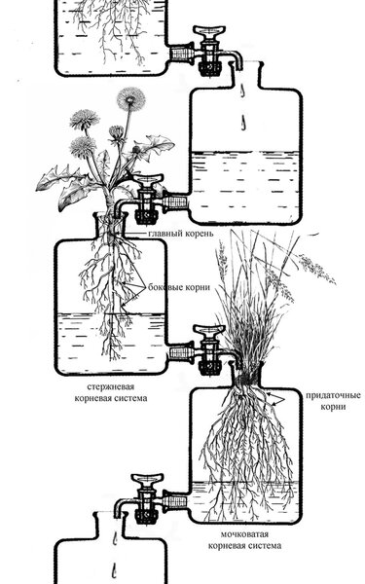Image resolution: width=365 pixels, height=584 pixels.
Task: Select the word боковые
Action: click(x=164, y=287)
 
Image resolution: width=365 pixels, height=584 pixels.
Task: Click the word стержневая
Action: click(x=111, y=387)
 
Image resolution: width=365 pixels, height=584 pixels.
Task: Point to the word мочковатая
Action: click(x=244, y=534)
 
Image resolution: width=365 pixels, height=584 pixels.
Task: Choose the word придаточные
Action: click(x=333, y=395)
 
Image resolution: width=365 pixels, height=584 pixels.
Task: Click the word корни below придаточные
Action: click(x=333, y=407)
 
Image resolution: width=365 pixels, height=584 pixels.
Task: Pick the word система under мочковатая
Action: click(x=265, y=546)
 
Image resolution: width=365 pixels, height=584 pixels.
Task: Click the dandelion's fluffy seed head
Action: click(x=130, y=99)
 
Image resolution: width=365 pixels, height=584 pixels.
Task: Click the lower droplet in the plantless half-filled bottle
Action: click(x=242, y=122)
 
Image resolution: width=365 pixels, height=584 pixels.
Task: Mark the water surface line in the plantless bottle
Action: click(x=244, y=152)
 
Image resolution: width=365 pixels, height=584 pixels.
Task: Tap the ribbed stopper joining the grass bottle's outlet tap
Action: click(x=176, y=499)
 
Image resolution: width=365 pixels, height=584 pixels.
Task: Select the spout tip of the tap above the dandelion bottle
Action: click(x=119, y=211)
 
